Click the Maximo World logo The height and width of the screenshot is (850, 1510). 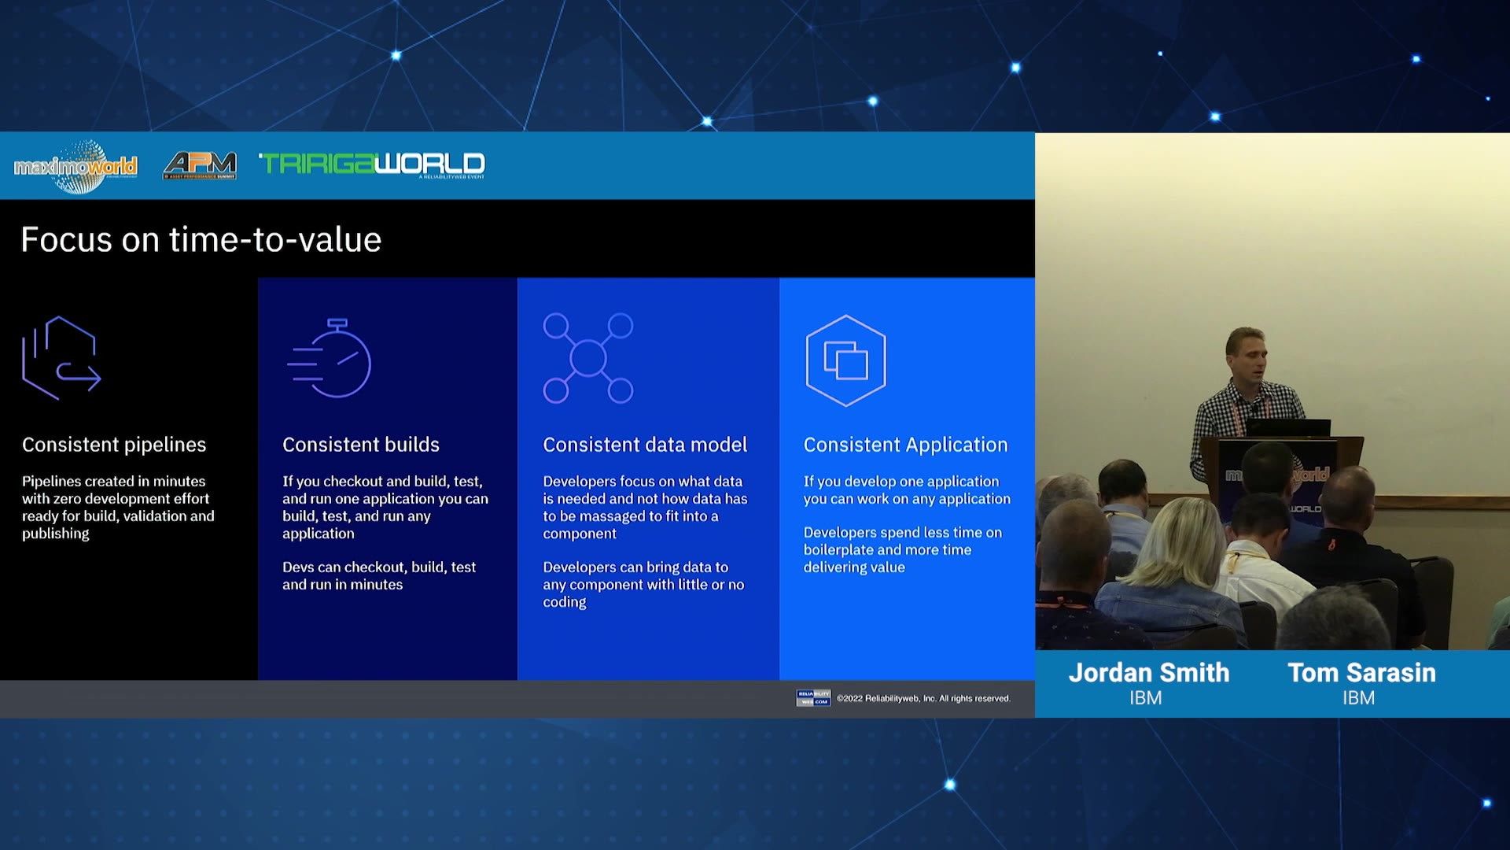75,166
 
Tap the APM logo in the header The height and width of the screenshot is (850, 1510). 200,165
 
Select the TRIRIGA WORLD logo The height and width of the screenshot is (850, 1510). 372,164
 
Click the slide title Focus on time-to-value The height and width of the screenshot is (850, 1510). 201,239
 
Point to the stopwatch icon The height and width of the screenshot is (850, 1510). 330,358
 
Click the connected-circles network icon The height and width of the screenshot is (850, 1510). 587,358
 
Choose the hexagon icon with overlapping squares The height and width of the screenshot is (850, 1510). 845,360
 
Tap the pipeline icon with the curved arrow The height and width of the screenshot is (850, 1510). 61,358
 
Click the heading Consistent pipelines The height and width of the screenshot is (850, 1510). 114,445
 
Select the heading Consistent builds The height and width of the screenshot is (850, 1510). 361,445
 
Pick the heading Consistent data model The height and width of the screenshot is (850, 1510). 645,445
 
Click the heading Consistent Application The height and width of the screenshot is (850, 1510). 905,445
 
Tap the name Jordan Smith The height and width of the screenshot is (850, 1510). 1148,673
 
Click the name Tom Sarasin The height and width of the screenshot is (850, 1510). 1361,673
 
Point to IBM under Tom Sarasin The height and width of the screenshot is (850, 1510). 1358,698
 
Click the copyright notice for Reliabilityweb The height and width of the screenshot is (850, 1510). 923,698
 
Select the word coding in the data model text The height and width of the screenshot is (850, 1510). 565,602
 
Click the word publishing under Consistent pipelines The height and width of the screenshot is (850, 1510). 56,534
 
